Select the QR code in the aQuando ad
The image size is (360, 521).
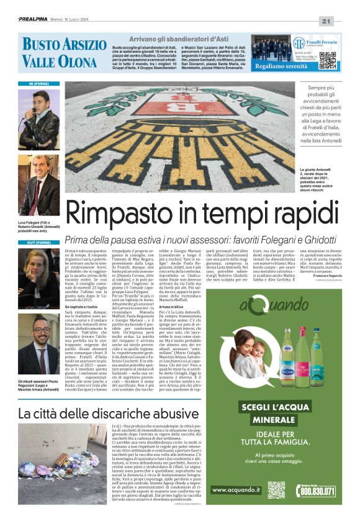276,490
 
